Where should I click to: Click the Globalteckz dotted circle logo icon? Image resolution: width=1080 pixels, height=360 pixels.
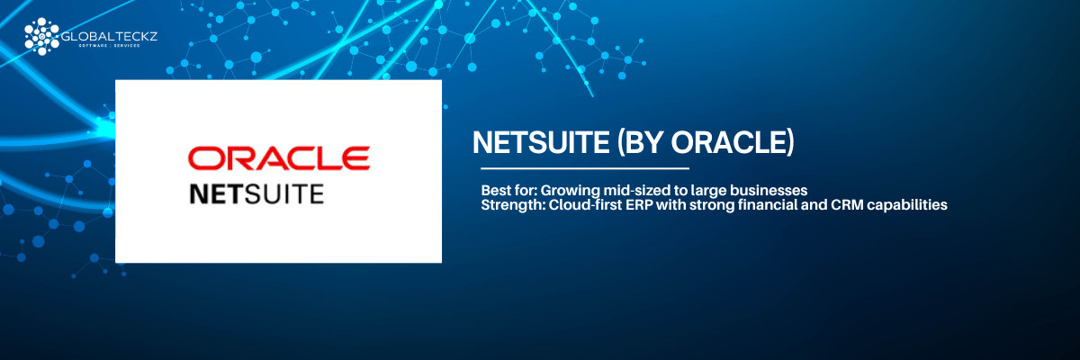pos(41,36)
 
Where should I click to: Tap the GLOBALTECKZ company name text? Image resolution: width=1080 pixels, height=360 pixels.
pos(110,36)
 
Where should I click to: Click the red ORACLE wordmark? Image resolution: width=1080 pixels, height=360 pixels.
pos(279,158)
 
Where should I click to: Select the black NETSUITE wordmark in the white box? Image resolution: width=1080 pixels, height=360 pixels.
pos(256,194)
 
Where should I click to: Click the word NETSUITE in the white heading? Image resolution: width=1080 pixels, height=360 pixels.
pos(541,143)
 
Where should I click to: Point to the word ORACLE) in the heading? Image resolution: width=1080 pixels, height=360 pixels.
pos(733,143)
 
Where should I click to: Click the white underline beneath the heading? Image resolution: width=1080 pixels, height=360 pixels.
pos(585,168)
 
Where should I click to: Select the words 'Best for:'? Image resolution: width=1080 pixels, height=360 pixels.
pos(508,190)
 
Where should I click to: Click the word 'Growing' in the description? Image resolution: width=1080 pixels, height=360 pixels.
pos(570,191)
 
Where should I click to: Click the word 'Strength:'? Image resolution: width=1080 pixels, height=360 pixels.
pos(512,205)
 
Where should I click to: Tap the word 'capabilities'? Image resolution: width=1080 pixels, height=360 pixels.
pos(904,205)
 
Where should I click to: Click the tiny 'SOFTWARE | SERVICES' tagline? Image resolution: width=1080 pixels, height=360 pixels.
pos(110,46)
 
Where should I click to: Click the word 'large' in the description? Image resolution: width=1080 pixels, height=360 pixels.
pos(707,191)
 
